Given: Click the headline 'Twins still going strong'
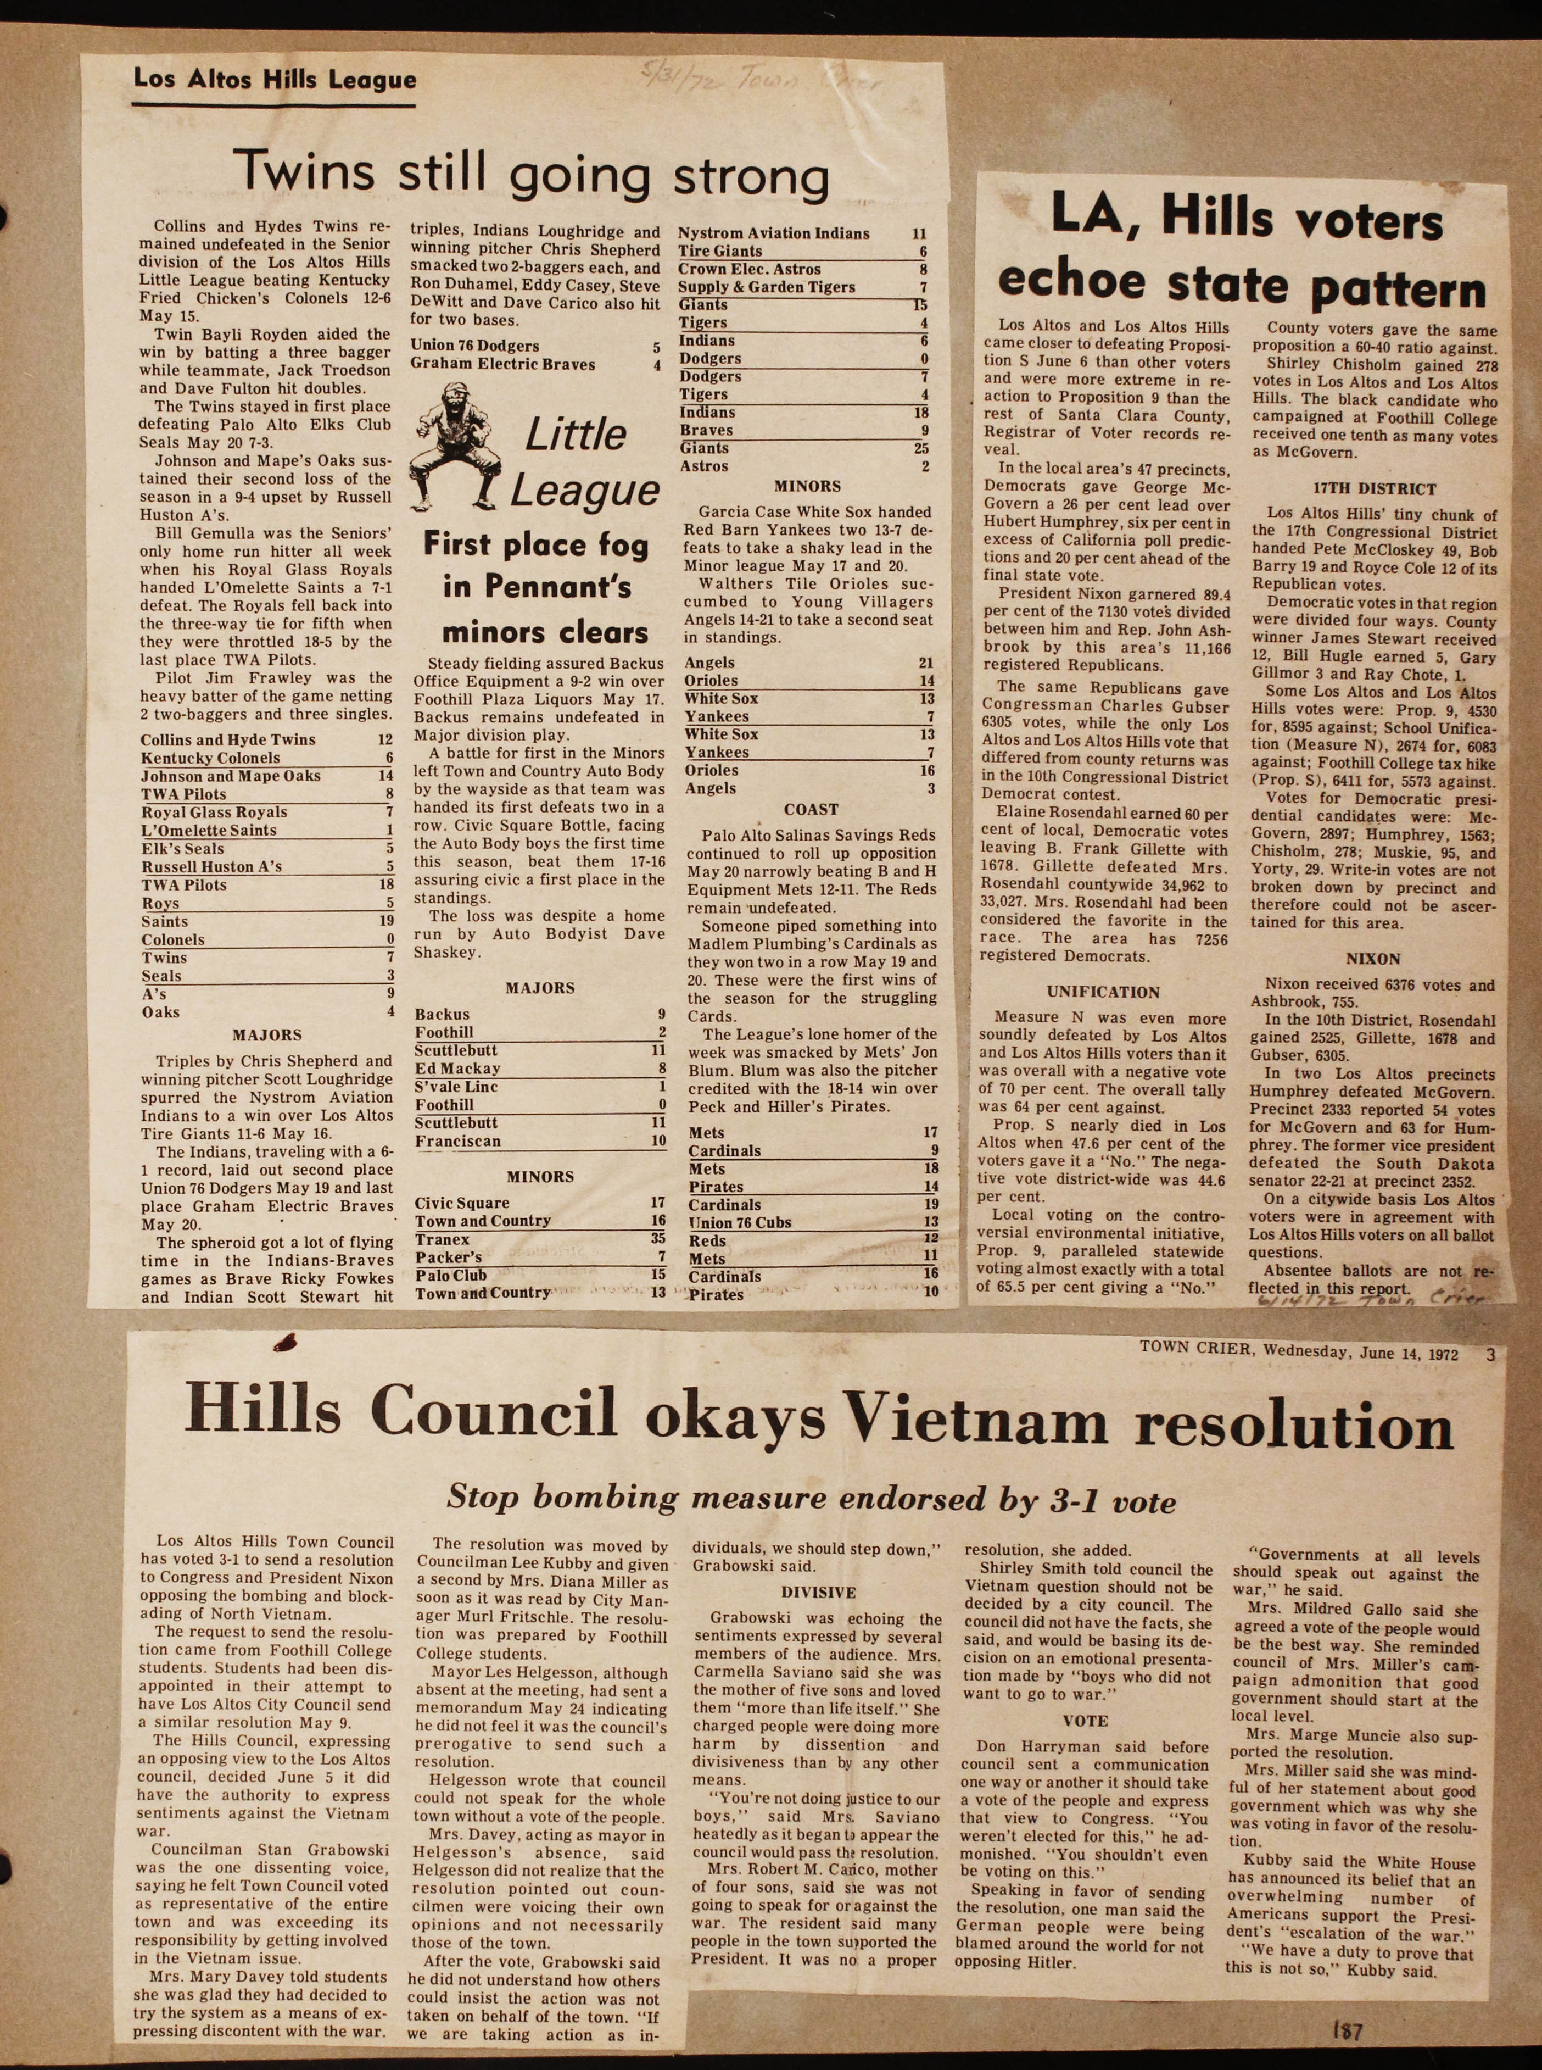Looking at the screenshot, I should point(530,175).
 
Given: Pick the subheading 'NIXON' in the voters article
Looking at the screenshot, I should point(1373,959).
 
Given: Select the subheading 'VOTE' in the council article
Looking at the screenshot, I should point(1086,1721).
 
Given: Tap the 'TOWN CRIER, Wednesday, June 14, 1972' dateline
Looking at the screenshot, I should point(1298,1353).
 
